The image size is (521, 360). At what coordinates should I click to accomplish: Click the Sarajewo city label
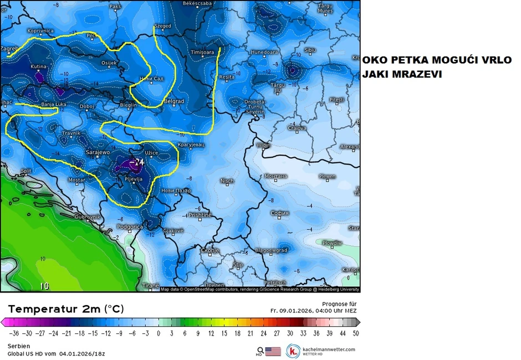tap(98, 152)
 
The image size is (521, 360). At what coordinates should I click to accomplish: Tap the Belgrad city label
tap(174, 101)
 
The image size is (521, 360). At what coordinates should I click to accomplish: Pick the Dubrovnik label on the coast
tap(86, 217)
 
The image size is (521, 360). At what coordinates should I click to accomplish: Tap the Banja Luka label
tap(54, 105)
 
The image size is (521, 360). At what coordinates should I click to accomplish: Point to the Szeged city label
tap(162, 25)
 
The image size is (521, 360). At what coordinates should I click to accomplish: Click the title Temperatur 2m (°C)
tap(66, 308)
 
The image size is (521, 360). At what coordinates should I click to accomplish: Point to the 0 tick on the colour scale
tap(158, 333)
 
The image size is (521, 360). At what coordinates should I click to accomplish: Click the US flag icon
tap(273, 351)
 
